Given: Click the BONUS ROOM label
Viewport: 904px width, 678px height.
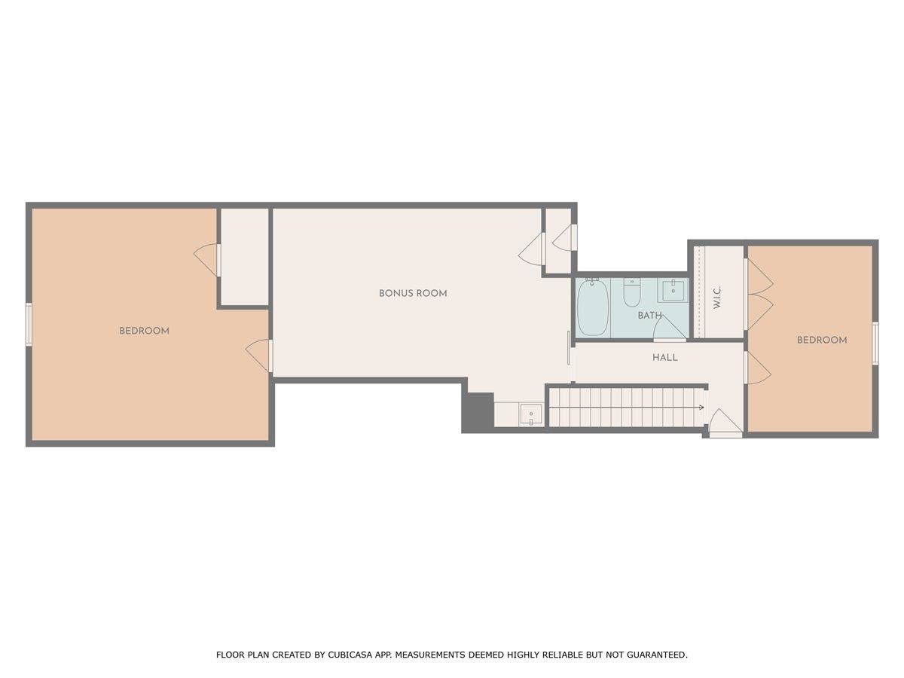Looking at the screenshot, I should point(413,293).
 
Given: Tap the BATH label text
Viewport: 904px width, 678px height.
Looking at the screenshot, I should point(649,316).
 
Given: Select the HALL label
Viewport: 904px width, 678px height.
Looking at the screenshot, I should point(665,357).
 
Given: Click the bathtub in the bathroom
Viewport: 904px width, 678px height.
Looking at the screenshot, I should point(593,309).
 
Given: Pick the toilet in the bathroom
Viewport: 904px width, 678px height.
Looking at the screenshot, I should point(631,292).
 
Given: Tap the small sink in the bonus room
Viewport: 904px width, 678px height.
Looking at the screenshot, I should point(531,414).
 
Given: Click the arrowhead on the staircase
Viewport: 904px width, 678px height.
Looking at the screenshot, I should point(701,408).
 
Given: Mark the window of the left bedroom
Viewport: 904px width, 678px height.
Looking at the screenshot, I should point(29,324).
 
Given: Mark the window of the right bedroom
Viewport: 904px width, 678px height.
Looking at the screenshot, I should point(875,343).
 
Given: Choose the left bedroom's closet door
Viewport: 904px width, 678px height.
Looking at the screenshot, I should point(207,259).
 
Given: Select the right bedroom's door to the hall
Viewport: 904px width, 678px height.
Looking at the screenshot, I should point(757,368).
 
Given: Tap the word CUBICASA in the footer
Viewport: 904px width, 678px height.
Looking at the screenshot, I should point(348,655).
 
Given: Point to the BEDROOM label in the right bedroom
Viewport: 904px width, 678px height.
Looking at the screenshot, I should point(822,340).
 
